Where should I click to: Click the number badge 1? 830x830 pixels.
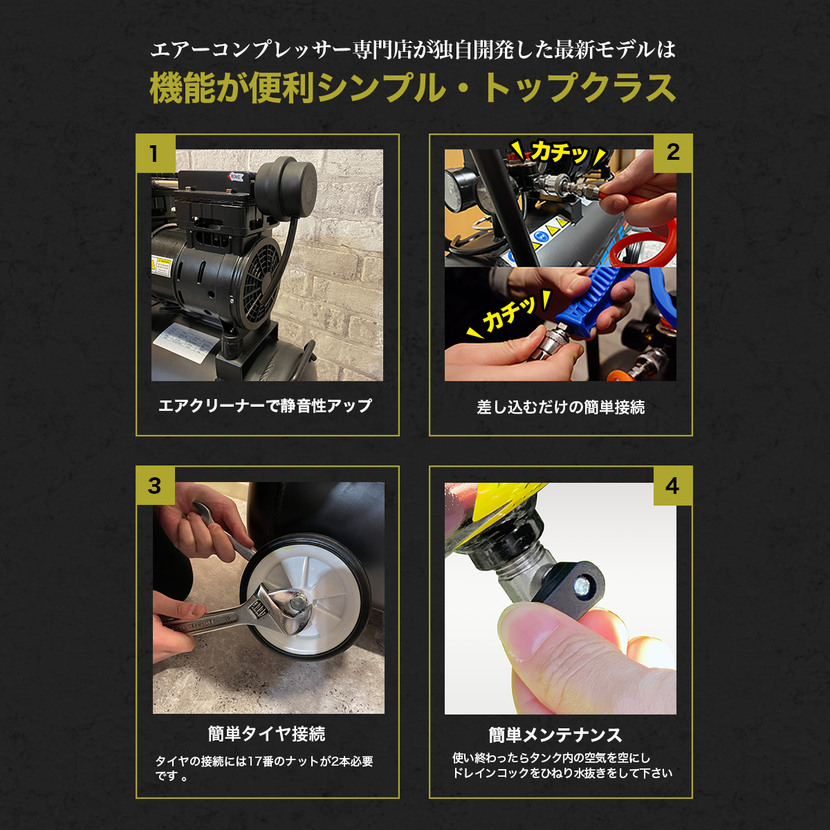click(156, 154)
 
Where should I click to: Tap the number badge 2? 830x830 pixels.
click(673, 153)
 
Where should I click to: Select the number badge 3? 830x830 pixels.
click(156, 486)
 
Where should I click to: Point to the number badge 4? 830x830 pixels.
click(673, 486)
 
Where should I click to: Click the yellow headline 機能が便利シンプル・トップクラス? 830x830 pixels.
click(412, 88)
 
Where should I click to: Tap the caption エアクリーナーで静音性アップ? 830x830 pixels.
click(266, 406)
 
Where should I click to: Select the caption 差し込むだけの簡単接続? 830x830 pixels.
click(561, 407)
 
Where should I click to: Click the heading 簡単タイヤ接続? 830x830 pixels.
click(266, 734)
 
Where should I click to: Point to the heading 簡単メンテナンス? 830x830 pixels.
click(555, 735)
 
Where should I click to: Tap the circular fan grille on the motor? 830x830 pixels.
click(261, 283)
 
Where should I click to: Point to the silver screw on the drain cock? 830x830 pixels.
click(582, 585)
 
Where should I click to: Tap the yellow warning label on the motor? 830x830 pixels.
click(162, 266)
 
